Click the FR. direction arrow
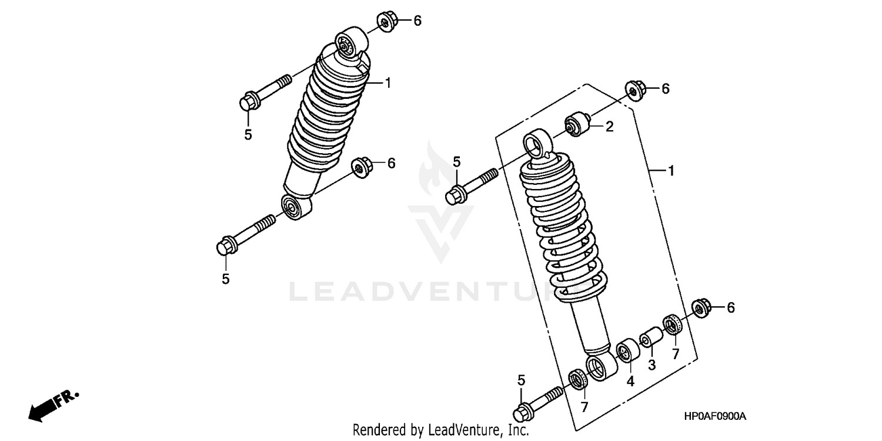coord(52,405)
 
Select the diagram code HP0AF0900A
coord(715,416)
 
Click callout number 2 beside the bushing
coord(610,126)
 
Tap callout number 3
coord(652,365)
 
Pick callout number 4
coord(630,381)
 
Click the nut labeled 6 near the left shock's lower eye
coord(360,167)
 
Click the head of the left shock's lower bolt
coord(225,246)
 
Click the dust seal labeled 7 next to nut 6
coord(672,324)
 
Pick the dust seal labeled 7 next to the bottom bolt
coord(579,379)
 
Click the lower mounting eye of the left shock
coord(292,207)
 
